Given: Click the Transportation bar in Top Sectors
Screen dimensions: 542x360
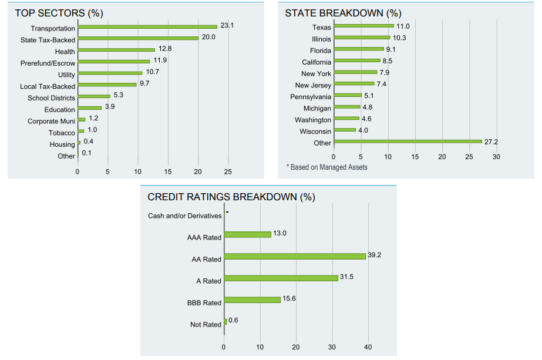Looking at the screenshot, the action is tap(147, 26).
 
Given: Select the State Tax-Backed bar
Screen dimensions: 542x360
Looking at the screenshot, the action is tap(138, 38).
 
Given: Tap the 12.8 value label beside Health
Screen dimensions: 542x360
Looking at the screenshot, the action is tap(165, 49).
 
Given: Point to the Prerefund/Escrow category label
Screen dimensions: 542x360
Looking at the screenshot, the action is tap(48, 63).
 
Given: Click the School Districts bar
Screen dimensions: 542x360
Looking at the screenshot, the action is tap(94, 96).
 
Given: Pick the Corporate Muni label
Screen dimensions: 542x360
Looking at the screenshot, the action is tap(51, 122).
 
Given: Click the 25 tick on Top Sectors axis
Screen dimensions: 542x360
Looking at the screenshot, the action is tap(228, 172).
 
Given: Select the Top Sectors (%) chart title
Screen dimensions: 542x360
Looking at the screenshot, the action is tap(59, 13).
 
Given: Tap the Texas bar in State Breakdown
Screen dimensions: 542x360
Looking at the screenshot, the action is tap(364, 26).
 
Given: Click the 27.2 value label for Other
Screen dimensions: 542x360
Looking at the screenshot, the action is tap(491, 142).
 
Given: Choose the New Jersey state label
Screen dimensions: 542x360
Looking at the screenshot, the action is tap(313, 85).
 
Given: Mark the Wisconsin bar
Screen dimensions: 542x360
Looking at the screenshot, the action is tap(345, 130).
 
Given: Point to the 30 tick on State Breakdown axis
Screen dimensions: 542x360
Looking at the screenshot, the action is tap(496, 157).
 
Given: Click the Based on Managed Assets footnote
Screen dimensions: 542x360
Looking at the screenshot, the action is tap(327, 167).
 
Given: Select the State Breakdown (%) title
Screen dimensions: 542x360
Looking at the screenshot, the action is tap(344, 13).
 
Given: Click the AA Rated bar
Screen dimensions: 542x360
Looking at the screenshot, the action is tap(295, 256).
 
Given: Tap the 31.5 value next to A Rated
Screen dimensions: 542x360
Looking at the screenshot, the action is tap(346, 277).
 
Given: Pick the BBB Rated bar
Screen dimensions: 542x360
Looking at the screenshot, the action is tap(253, 300).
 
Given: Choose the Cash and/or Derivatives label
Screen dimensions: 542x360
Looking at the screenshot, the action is tap(184, 216).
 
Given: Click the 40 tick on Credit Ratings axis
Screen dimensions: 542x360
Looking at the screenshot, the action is tap(368, 347).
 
